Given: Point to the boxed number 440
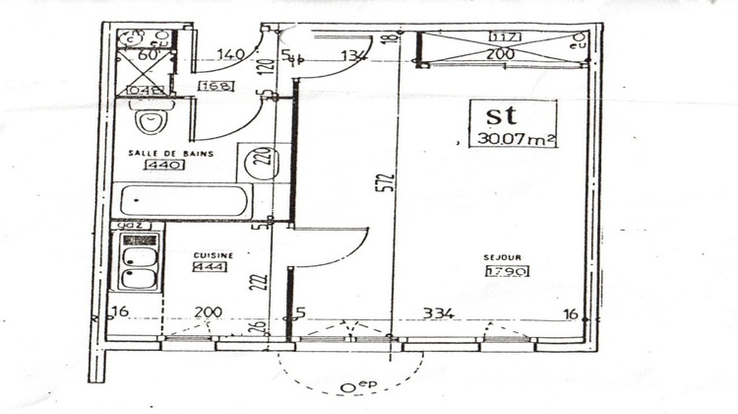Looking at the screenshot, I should click(157, 167).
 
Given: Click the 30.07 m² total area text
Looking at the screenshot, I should click(511, 139).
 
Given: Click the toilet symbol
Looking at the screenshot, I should click(151, 122).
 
